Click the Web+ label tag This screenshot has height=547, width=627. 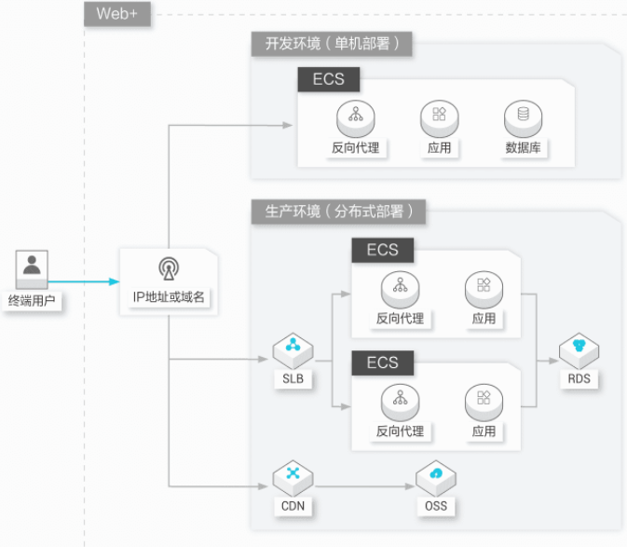(x=117, y=14)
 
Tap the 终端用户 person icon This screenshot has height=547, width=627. (x=32, y=269)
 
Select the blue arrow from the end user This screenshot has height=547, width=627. (x=84, y=281)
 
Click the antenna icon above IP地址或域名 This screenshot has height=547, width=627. (x=169, y=268)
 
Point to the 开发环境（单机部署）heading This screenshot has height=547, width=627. (x=332, y=44)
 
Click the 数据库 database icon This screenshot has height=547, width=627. (x=523, y=118)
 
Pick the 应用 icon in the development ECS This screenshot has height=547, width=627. (x=439, y=118)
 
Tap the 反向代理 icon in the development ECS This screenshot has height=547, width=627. (x=356, y=118)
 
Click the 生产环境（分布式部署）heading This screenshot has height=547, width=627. (x=338, y=212)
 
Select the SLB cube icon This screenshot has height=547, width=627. (x=293, y=350)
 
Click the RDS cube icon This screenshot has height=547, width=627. (x=579, y=350)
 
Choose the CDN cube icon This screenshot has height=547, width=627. (x=293, y=478)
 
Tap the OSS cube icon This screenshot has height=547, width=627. (x=436, y=478)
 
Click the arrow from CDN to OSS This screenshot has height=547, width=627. (x=364, y=486)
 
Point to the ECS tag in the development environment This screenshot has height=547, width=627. (x=329, y=79)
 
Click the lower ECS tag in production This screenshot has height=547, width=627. (x=383, y=362)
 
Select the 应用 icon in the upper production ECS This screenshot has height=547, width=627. (x=484, y=290)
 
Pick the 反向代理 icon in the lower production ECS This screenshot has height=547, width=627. (x=401, y=403)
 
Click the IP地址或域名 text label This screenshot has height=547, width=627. (x=169, y=297)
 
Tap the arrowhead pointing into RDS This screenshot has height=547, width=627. (x=553, y=361)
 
